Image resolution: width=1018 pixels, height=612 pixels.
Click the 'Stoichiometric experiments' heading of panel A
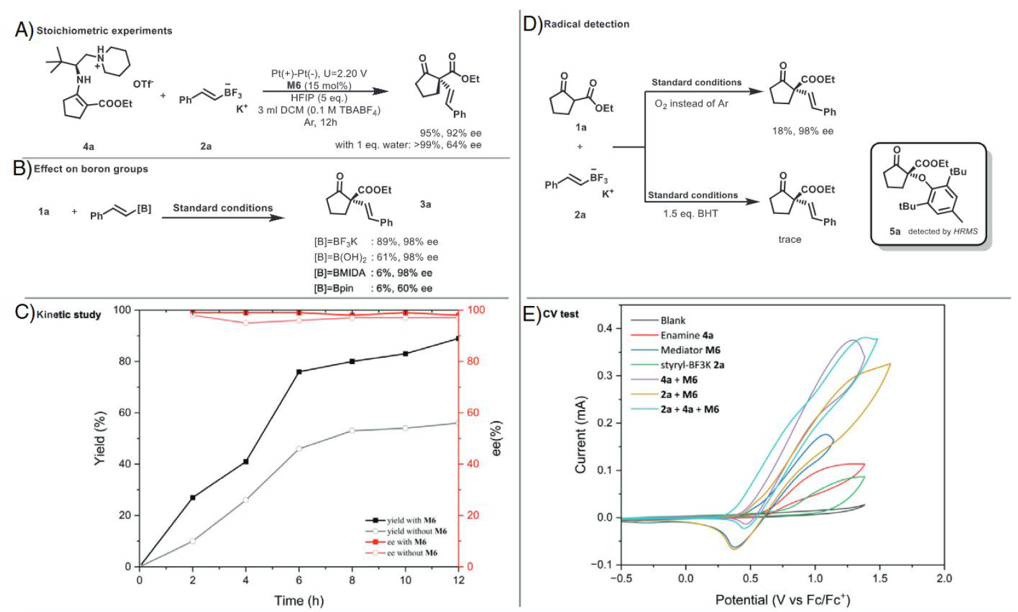pos(104,31)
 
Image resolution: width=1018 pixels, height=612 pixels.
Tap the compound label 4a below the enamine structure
pos(88,146)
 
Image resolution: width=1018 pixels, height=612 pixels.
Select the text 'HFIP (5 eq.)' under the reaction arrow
pos(319,98)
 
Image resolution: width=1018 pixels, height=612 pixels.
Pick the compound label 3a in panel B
pos(425,204)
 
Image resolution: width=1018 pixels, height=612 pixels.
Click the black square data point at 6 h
pos(299,371)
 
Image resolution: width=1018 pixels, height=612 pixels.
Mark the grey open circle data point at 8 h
pos(352,431)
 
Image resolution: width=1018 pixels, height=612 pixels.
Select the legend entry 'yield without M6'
pos(416,532)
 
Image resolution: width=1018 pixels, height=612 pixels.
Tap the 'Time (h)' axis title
pos(299,601)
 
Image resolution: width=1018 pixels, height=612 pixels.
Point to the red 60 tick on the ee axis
pos(473,413)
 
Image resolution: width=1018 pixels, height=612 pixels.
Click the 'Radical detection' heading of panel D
pos(586,24)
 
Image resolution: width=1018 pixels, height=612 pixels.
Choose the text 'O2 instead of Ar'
pos(691,103)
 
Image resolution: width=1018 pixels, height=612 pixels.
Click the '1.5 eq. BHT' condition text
pos(690,213)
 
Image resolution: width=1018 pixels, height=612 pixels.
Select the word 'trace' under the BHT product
pos(790,240)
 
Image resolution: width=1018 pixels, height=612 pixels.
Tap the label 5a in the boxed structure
pos(895,231)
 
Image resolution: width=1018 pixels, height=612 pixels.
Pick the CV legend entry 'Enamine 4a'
pos(687,335)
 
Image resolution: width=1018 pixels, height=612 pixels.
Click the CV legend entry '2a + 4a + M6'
pos(689,409)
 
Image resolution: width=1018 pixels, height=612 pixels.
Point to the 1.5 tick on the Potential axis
pos(880,578)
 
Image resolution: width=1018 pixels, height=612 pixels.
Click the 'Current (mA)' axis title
pos(581,434)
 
